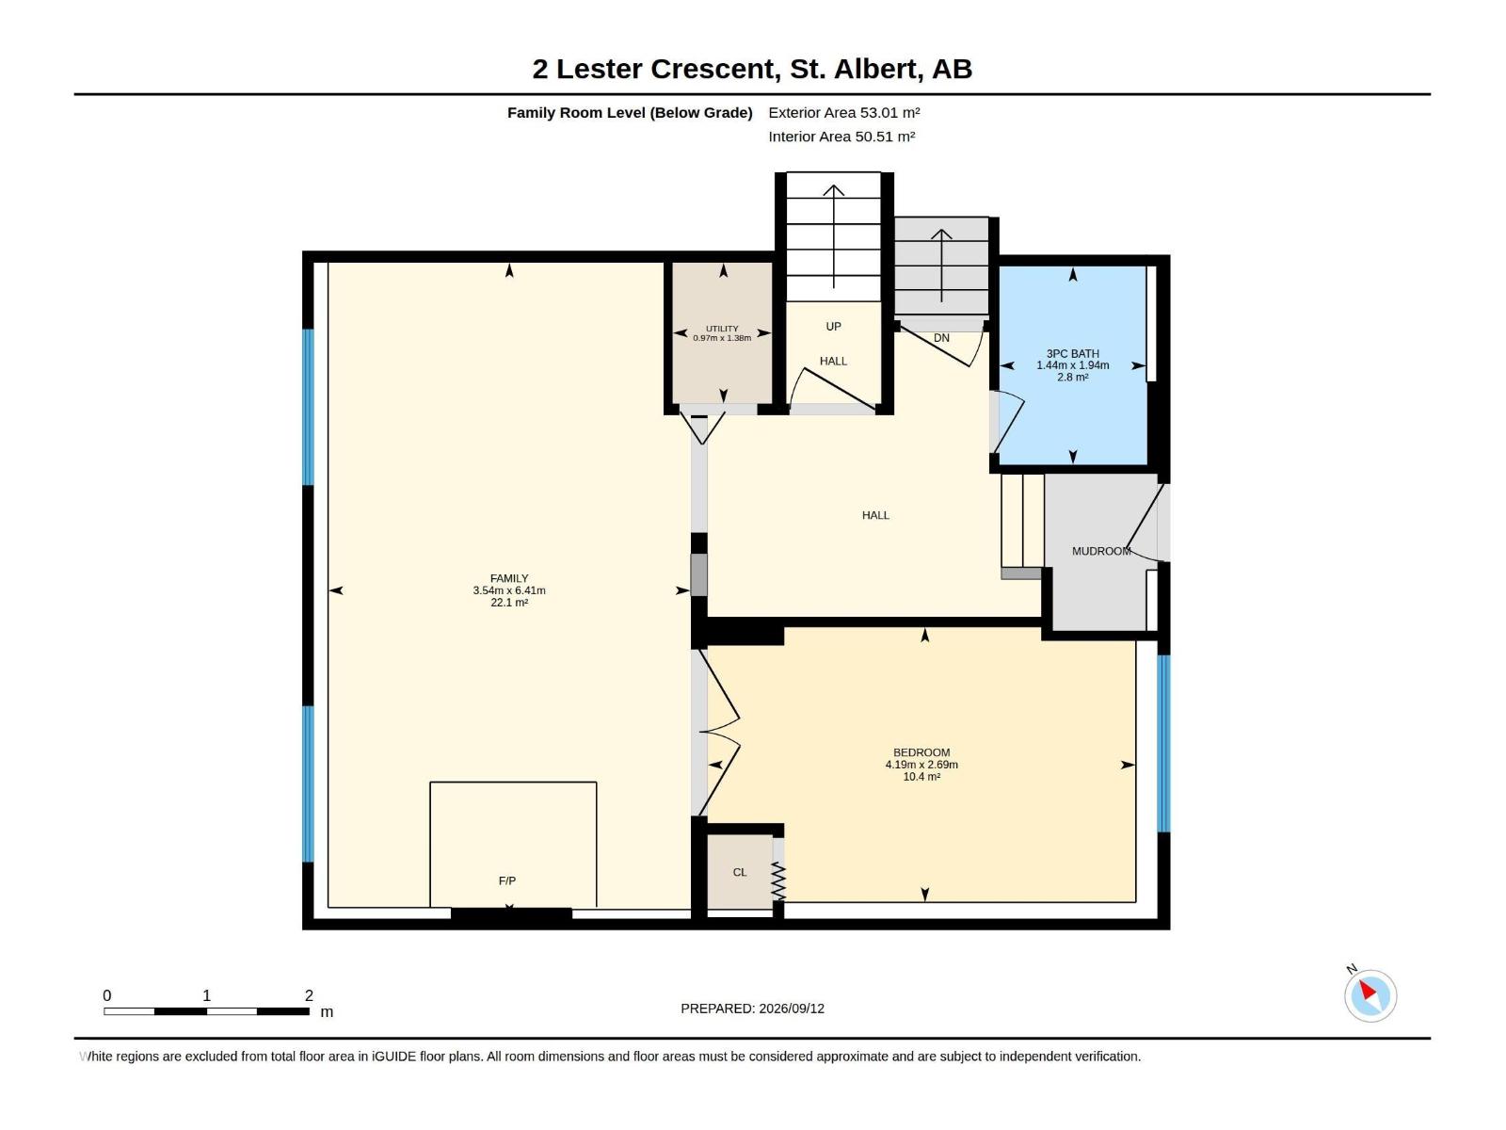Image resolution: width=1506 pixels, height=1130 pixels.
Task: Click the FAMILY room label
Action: pos(509,578)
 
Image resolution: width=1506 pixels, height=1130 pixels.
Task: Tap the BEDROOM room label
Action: pos(921,752)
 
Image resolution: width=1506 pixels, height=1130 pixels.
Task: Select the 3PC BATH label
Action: pos(1072,354)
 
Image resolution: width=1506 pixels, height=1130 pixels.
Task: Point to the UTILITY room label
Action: pos(723,329)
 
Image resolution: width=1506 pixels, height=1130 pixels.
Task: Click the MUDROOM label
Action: pos(1101,551)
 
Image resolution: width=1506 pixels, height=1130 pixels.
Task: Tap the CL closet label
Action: pos(740,873)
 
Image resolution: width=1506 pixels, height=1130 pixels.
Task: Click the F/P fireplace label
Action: pos(507,881)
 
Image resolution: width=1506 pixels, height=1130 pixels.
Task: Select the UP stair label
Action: pos(834,327)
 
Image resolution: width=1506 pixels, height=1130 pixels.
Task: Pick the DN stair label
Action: pos(941,338)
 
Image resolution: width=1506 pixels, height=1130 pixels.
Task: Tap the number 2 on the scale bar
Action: pos(309,995)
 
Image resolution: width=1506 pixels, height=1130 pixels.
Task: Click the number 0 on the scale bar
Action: pos(107,995)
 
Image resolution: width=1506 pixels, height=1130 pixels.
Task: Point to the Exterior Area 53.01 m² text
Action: pos(844,112)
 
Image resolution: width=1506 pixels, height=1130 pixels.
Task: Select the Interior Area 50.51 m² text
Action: pos(841,137)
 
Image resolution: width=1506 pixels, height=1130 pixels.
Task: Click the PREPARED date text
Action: pos(753,1009)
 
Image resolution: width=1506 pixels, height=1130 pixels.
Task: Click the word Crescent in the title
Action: pos(714,70)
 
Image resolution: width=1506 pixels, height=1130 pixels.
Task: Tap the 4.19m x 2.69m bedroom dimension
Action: pos(921,765)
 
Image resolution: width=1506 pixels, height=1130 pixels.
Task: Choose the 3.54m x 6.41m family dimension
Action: pos(509,590)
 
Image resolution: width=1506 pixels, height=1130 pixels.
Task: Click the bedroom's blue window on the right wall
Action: pos(1163,744)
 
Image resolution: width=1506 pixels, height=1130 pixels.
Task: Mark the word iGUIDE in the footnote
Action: pos(393,1057)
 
